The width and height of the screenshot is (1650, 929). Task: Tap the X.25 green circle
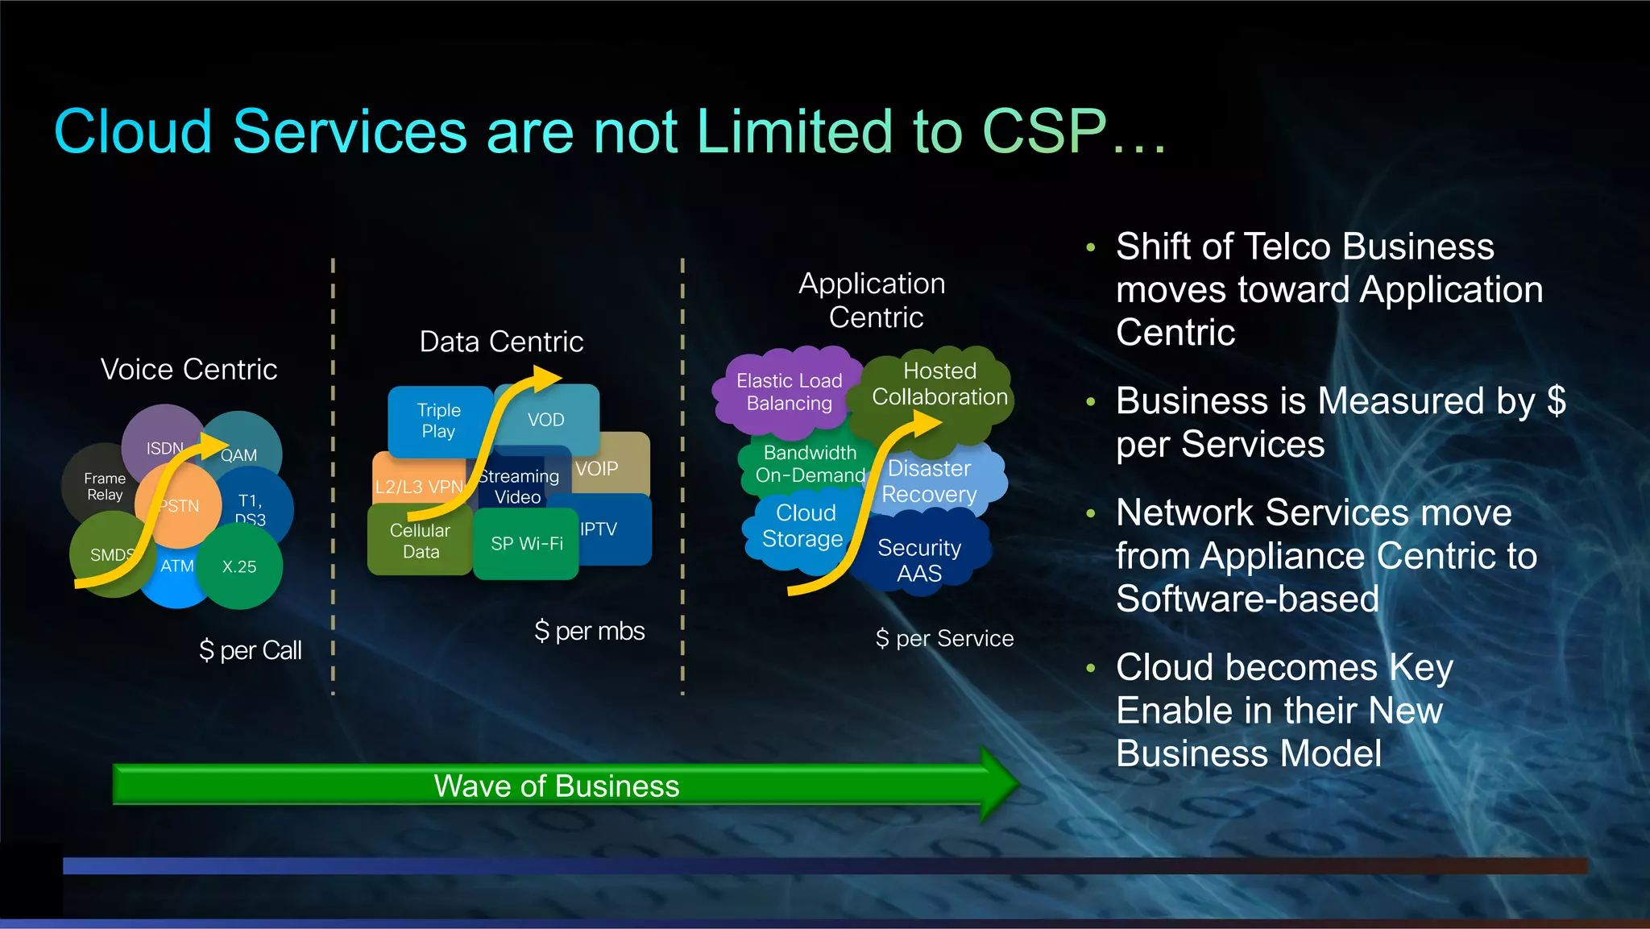240,567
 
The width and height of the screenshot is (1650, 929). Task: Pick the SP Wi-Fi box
526,544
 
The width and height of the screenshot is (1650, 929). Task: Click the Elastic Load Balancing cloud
788,392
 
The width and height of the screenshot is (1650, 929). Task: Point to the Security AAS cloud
919,561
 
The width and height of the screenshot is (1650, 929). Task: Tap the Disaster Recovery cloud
931,481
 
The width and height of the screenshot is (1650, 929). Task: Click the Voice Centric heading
189,369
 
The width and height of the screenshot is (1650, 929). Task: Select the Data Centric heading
501,342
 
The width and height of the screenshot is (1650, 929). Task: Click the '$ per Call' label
250,650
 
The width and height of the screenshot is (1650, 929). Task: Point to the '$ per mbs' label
589,631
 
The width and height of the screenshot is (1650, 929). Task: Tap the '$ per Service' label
944,639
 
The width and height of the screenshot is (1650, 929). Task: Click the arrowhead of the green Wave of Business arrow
999,784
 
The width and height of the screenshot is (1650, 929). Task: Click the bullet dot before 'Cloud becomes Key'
1091,668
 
